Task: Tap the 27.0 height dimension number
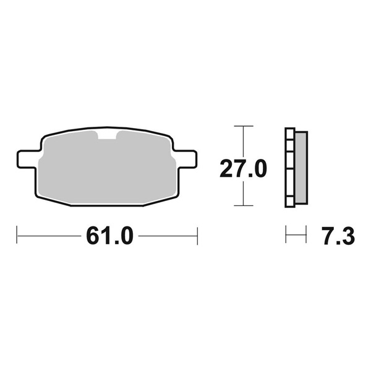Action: click(243, 168)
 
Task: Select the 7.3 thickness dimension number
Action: click(338, 236)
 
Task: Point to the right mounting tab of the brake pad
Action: click(184, 158)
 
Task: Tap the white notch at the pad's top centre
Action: click(107, 135)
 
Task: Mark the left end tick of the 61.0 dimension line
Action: click(17, 235)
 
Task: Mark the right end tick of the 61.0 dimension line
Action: click(197, 235)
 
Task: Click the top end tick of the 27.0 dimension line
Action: click(244, 126)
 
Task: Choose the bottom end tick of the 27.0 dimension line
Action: click(244, 206)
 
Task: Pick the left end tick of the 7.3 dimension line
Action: click(286, 235)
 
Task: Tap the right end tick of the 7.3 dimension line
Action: click(306, 235)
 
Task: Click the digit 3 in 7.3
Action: click(347, 236)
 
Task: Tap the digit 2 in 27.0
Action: click(228, 168)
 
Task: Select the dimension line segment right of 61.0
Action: click(168, 235)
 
